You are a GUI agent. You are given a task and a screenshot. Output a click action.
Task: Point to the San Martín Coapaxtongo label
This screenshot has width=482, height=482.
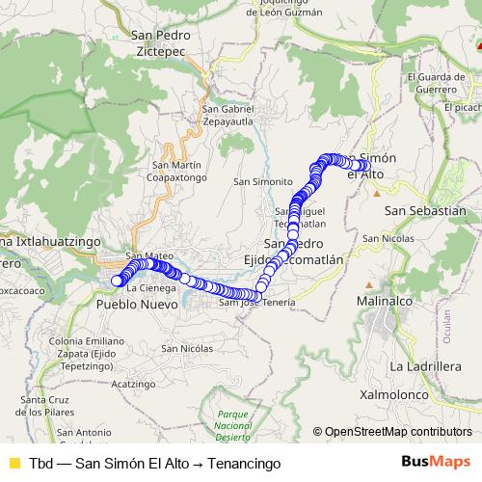point(174,171)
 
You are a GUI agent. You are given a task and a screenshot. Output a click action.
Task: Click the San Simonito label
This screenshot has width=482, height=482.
point(263,181)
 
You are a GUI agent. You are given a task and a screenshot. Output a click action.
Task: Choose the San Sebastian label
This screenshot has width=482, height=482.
point(424,210)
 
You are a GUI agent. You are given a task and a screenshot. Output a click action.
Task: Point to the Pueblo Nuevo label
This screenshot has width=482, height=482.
point(137,303)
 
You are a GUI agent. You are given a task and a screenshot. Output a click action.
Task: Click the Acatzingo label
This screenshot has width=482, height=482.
point(132,383)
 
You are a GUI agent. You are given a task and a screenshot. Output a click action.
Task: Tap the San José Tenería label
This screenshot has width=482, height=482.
point(256,303)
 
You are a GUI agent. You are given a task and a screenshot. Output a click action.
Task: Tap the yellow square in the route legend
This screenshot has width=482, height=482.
point(13,462)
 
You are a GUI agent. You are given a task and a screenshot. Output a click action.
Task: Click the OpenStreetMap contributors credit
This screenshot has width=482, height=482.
point(398,432)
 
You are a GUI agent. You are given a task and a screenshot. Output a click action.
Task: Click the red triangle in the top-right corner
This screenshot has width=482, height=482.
point(476,43)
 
